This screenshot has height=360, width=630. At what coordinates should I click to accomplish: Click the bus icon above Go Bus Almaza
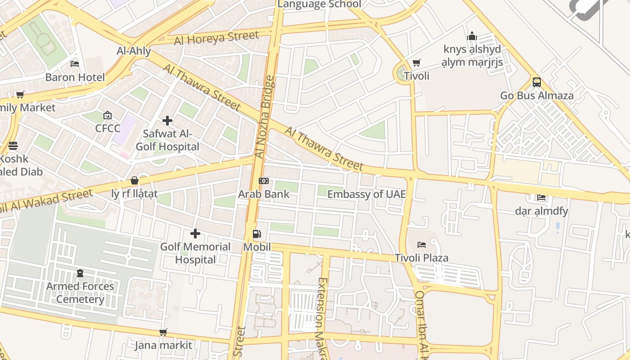[536, 82]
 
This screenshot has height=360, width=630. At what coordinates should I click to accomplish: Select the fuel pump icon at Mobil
[256, 234]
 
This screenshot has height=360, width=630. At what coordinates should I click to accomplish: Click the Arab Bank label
[264, 194]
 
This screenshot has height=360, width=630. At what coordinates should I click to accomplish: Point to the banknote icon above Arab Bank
[264, 181]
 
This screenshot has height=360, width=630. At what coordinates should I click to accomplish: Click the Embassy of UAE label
[366, 194]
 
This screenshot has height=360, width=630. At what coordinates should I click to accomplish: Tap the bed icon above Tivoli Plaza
[422, 245]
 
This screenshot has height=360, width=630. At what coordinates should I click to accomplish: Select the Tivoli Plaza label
[422, 258]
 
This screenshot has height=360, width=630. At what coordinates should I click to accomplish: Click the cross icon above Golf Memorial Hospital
[195, 234]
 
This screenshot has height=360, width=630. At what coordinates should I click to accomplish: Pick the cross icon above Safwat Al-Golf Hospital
[167, 121]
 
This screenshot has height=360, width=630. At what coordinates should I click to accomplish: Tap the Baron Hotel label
[75, 77]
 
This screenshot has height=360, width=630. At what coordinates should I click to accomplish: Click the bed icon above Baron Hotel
[75, 64]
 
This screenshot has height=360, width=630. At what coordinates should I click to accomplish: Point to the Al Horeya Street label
[216, 38]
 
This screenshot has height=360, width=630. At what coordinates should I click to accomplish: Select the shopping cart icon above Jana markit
[163, 332]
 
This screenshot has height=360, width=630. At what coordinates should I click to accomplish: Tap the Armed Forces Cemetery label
[80, 292]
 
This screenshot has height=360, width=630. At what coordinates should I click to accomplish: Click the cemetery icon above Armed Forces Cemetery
[80, 273]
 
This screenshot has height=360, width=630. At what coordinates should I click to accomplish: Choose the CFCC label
[107, 129]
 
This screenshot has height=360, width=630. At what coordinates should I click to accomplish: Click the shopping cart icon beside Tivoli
[417, 63]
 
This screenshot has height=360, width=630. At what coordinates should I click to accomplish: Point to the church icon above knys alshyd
[472, 36]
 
